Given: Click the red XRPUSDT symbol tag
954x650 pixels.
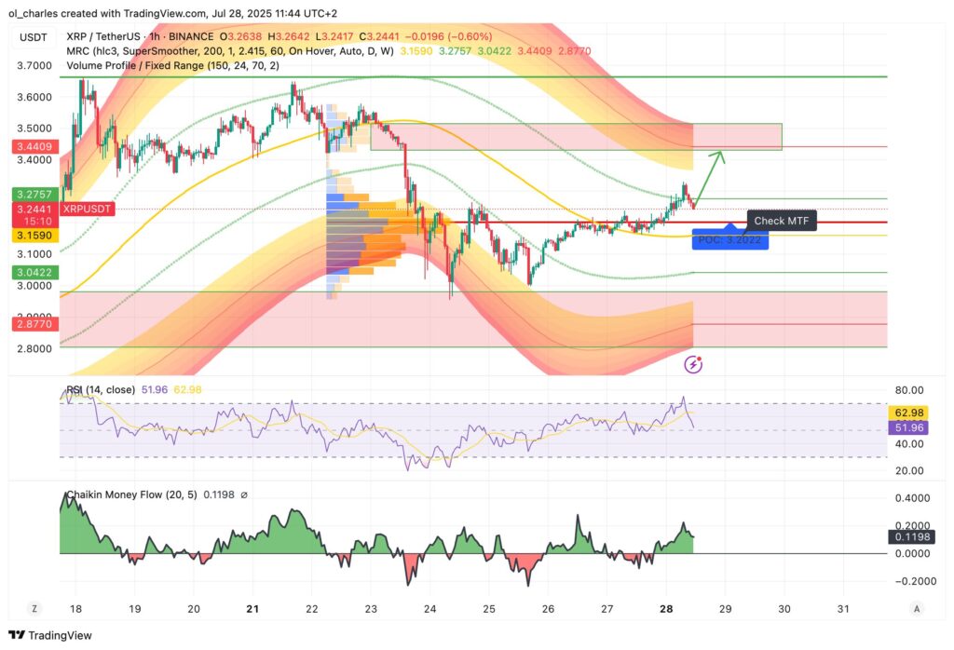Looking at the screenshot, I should tap(88, 210).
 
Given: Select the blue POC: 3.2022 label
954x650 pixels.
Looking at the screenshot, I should tap(729, 240).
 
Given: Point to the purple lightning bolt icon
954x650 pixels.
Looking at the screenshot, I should tap(693, 365).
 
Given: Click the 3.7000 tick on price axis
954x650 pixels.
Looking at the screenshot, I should tap(34, 66).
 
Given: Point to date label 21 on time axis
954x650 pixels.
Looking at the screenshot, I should tap(252, 609).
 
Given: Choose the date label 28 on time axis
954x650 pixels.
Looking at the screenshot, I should tap(666, 609).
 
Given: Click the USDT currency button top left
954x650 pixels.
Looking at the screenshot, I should tap(34, 37).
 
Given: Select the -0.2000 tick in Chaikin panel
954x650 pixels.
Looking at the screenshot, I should tap(917, 581).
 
